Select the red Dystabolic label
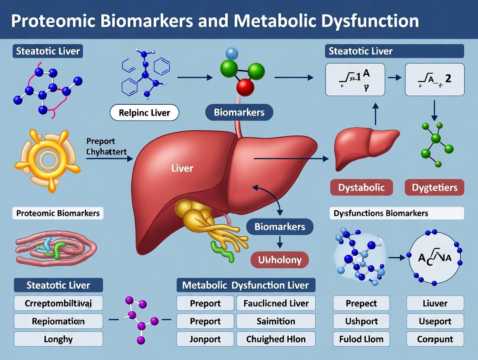361,187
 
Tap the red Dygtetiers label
434,187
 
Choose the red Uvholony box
280,260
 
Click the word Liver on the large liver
182,167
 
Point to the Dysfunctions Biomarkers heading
381,213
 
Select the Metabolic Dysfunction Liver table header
245,285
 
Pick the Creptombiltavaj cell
58,303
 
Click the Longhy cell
58,339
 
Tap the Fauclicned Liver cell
276,303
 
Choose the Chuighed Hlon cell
276,339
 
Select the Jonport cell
205,339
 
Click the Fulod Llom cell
361,339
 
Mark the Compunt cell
435,339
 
